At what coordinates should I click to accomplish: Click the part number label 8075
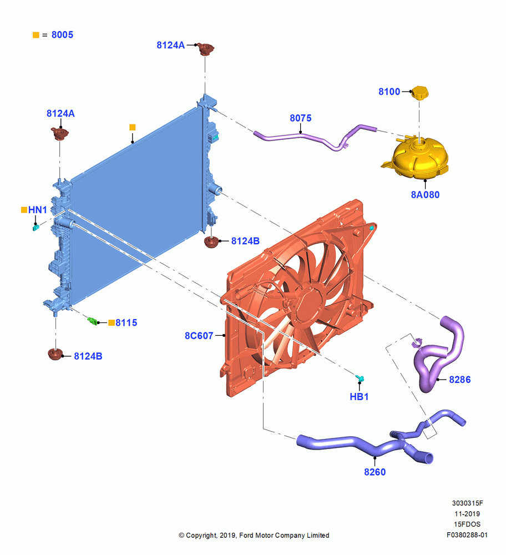pyautogui.click(x=300, y=118)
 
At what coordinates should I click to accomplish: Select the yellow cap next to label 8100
pyautogui.click(x=419, y=93)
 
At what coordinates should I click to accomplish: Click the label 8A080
pyautogui.click(x=425, y=195)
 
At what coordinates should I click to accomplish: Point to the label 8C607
pyautogui.click(x=199, y=336)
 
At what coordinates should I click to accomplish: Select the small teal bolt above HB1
pyautogui.click(x=360, y=378)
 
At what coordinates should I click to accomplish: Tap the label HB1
pyautogui.click(x=359, y=397)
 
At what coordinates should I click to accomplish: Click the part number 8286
pyautogui.click(x=459, y=380)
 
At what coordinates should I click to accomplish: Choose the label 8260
pyautogui.click(x=375, y=472)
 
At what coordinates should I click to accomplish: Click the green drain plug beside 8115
pyautogui.click(x=93, y=321)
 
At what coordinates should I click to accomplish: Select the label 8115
pyautogui.click(x=126, y=323)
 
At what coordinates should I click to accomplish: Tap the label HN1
pyautogui.click(x=38, y=210)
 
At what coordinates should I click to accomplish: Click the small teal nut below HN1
pyautogui.click(x=36, y=227)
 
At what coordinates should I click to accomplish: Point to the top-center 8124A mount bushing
pyautogui.click(x=205, y=49)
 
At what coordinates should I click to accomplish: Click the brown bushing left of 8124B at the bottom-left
pyautogui.click(x=55, y=354)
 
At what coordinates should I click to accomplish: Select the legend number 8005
pyautogui.click(x=62, y=34)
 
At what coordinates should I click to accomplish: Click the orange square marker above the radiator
pyautogui.click(x=133, y=127)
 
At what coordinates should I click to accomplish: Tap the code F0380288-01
pyautogui.click(x=467, y=535)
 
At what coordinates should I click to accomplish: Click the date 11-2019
pyautogui.click(x=467, y=513)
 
